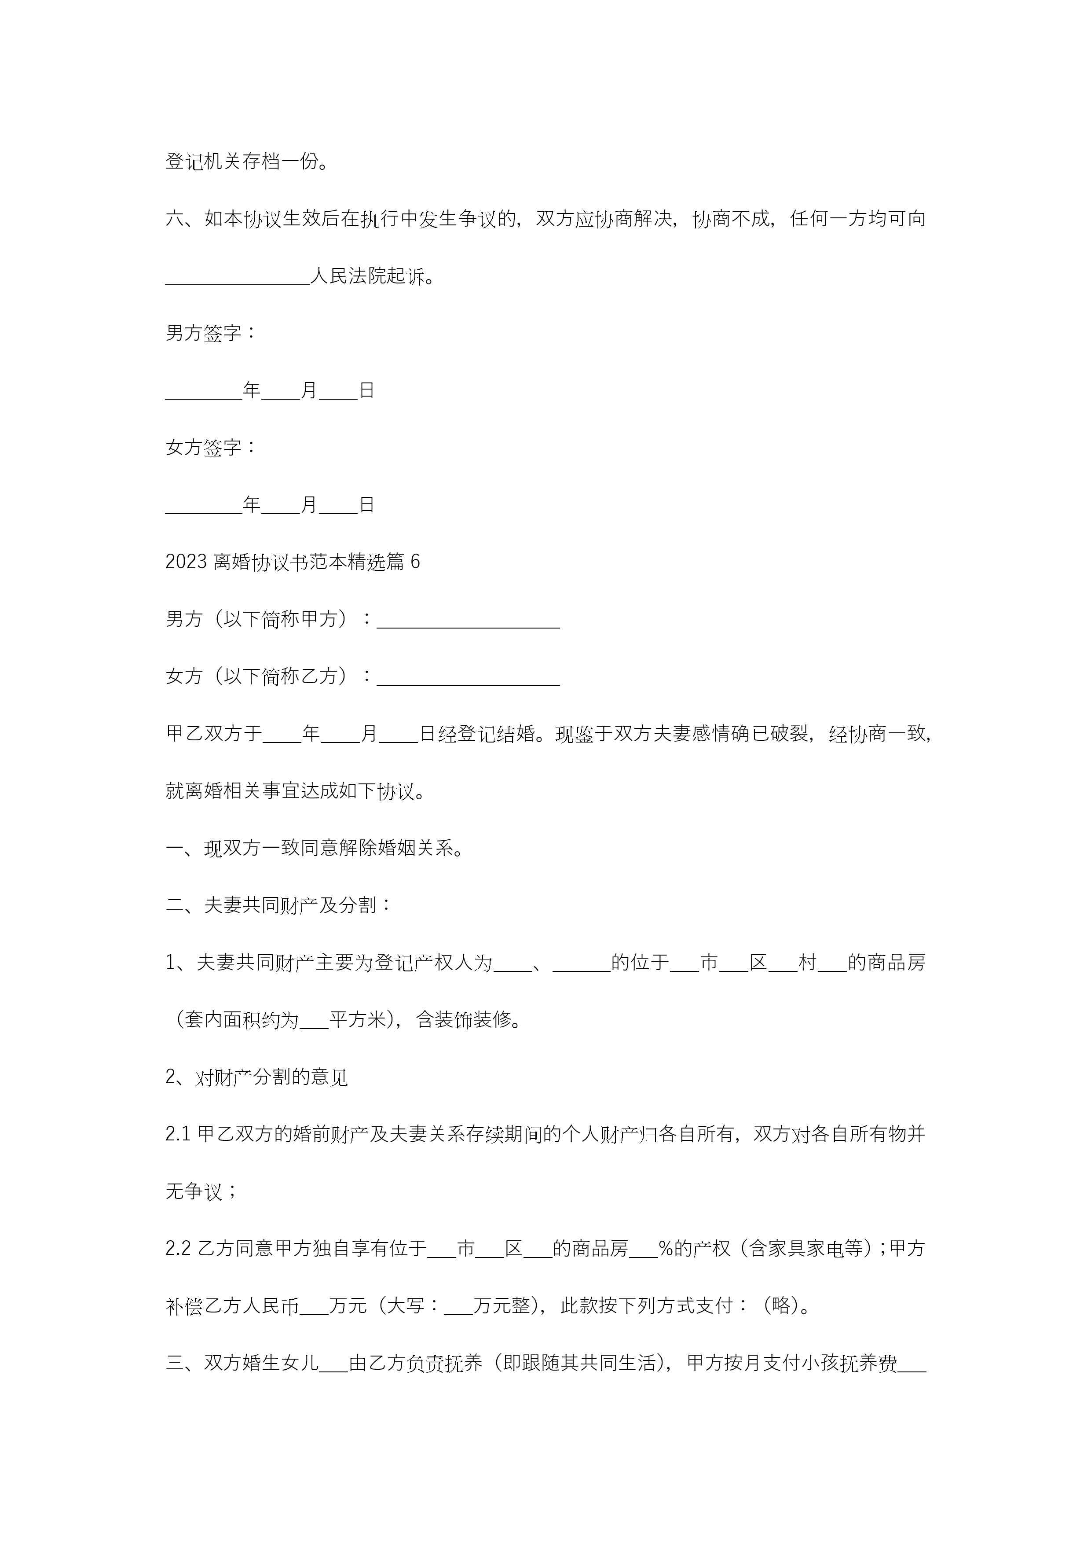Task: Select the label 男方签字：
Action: [210, 333]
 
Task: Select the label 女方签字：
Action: [210, 447]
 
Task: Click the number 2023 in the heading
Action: [186, 562]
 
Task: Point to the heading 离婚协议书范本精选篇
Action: [308, 562]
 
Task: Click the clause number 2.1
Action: [179, 1135]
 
